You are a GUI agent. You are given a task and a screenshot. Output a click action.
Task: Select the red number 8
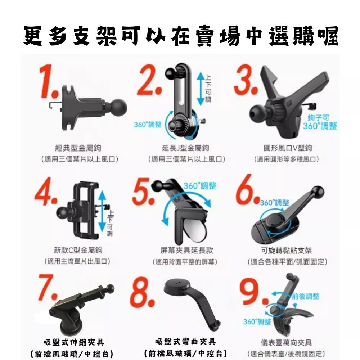tap(142, 292)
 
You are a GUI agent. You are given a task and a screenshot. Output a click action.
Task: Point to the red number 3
tap(246, 80)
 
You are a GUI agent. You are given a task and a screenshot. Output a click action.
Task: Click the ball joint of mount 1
tap(118, 107)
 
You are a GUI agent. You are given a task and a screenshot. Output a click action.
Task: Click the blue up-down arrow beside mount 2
tap(201, 89)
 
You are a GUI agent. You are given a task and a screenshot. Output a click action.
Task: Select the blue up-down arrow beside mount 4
tap(102, 211)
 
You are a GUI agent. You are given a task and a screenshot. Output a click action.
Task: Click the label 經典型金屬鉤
tap(78, 148)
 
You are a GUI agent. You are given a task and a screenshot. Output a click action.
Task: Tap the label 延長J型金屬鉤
tap(185, 148)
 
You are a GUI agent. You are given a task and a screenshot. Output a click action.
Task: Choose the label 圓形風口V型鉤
tap(288, 148)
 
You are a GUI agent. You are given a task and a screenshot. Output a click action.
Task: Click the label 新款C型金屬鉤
tap(78, 250)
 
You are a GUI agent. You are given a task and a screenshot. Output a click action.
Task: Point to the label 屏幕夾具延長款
tap(186, 250)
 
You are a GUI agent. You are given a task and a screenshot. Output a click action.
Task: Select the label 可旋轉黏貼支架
tap(286, 250)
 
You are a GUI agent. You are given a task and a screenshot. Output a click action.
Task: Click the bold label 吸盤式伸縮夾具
tap(74, 342)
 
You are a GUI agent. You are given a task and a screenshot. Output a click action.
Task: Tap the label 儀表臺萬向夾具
tap(286, 343)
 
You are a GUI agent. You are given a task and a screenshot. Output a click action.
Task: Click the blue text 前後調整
tap(306, 296)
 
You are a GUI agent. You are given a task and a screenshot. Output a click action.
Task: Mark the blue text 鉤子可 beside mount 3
tap(319, 118)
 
